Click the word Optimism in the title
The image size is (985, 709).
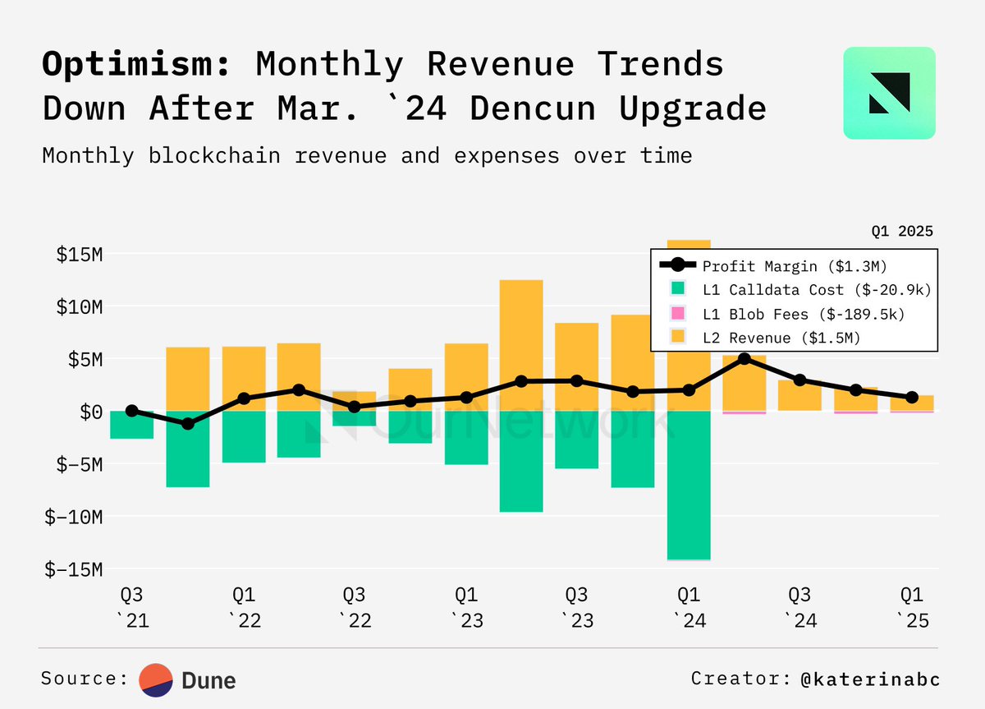(136, 64)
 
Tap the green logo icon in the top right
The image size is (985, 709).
(889, 92)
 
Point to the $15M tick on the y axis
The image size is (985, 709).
(79, 255)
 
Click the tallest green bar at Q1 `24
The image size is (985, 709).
(689, 485)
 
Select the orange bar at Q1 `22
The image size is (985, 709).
(244, 378)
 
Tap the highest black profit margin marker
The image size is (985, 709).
(744, 359)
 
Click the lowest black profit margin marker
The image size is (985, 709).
(188, 424)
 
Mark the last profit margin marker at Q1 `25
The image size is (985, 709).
(911, 398)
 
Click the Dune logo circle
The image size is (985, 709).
(155, 679)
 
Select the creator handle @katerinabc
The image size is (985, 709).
(871, 679)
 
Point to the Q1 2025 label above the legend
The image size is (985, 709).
(902, 232)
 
